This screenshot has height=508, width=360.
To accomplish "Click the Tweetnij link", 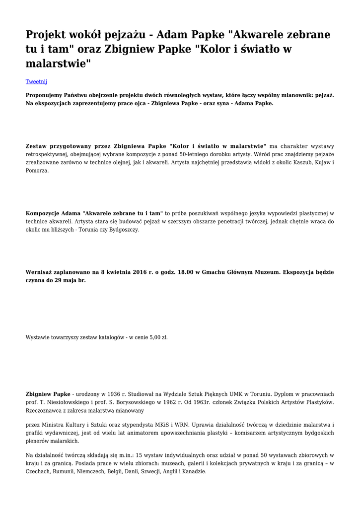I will tap(36, 81).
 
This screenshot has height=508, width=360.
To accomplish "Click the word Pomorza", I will tap(37, 170).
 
